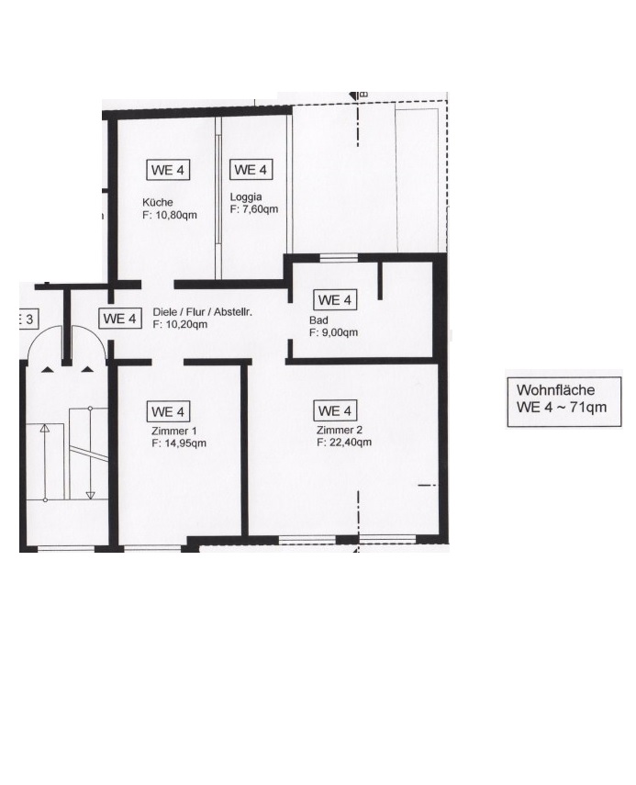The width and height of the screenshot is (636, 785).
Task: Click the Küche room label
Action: [158, 202]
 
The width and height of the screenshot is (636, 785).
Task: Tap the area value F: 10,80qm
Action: [170, 215]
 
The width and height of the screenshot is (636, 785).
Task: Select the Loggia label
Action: [246, 197]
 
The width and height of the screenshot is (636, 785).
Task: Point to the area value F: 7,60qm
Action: [253, 209]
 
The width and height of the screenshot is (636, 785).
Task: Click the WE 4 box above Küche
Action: [168, 170]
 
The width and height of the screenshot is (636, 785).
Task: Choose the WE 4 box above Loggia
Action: [251, 170]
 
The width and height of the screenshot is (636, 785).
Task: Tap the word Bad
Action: [318, 320]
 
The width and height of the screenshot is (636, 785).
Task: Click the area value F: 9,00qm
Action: [333, 332]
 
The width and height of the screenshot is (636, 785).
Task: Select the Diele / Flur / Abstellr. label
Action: [203, 312]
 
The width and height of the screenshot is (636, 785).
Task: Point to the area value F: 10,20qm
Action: [180, 324]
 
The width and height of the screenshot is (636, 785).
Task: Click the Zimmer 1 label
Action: [174, 431]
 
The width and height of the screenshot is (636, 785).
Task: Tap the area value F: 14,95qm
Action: [179, 443]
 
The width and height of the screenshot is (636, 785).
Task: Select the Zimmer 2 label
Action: [340, 430]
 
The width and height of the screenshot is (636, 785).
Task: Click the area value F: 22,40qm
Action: [344, 442]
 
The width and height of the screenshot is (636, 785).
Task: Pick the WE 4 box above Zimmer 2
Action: [335, 411]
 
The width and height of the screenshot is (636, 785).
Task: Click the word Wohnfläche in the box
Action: [555, 390]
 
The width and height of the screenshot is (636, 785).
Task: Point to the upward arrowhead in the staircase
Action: [45, 428]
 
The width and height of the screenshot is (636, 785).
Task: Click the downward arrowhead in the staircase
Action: [90, 495]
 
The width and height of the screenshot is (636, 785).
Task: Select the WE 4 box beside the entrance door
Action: [119, 319]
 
